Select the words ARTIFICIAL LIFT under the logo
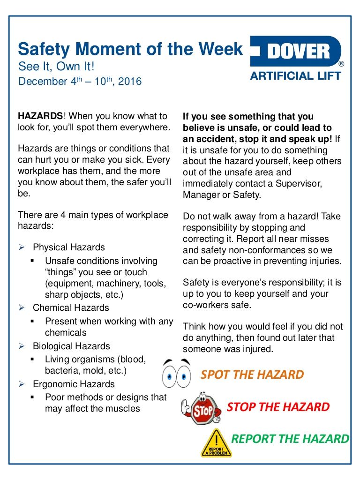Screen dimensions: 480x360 pyautogui.click(x=295, y=76)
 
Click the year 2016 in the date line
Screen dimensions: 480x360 pyautogui.click(x=130, y=82)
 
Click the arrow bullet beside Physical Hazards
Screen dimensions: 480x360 pyautogui.click(x=21, y=247)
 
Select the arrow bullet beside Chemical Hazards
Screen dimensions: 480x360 pyautogui.click(x=21, y=308)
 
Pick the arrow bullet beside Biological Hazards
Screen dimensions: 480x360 pyautogui.click(x=21, y=346)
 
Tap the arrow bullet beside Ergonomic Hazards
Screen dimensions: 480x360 pyautogui.click(x=21, y=384)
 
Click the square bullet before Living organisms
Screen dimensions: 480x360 pyautogui.click(x=33, y=360)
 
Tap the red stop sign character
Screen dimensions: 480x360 pyautogui.click(x=200, y=408)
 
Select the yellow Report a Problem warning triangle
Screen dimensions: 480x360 pyautogui.click(x=216, y=443)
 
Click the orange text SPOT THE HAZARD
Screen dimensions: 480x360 pyautogui.click(x=252, y=375)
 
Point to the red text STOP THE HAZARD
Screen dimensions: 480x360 pyautogui.click(x=278, y=407)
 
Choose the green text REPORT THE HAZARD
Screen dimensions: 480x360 pyautogui.click(x=291, y=439)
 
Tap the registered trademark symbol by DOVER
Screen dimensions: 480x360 pyautogui.click(x=341, y=64)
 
